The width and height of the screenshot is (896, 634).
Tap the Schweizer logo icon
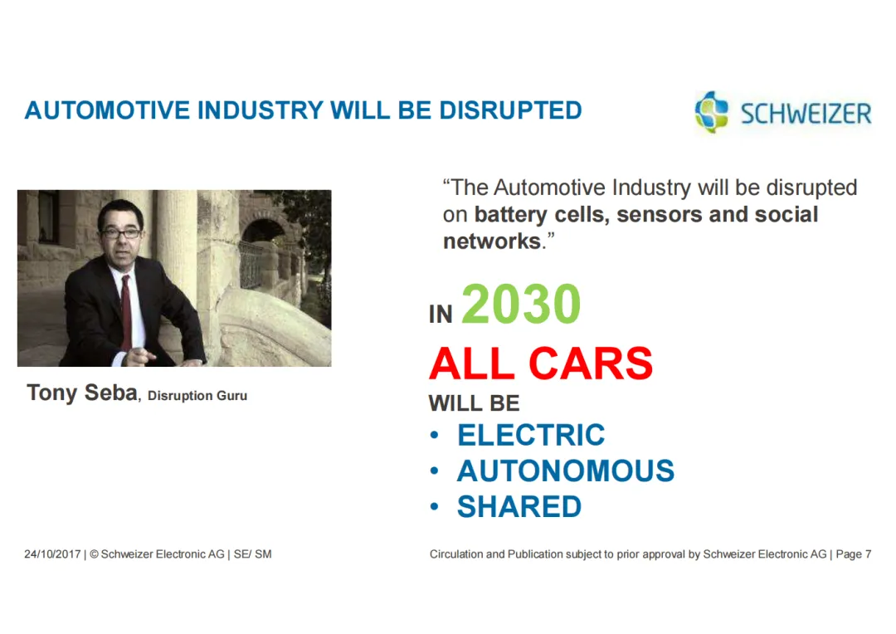[712, 112]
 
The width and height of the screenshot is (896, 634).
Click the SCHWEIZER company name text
[806, 113]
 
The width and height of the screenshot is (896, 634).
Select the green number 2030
[521, 304]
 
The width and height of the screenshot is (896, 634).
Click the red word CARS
[591, 363]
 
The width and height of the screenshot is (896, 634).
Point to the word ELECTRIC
[531, 435]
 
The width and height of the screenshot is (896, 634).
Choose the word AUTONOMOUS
[566, 471]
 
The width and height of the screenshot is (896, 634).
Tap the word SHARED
[519, 507]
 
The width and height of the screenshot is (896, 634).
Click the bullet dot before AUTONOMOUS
[434, 471]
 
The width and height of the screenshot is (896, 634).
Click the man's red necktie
[126, 311]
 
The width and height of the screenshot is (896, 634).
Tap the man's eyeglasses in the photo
[120, 233]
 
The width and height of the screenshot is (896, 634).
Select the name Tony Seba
[82, 393]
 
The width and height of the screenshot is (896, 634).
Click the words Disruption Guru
[197, 396]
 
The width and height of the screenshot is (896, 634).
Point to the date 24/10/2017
[52, 554]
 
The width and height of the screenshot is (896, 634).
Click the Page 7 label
[854, 554]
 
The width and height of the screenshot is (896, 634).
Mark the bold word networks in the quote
[492, 241]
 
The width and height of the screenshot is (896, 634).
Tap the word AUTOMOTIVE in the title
[107, 110]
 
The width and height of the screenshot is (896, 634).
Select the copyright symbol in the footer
[95, 554]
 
